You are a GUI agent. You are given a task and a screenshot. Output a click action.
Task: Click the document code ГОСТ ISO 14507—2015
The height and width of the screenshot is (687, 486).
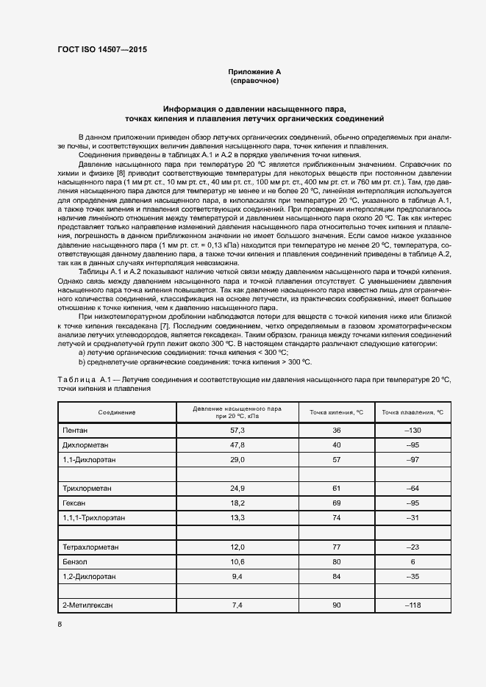[102, 49]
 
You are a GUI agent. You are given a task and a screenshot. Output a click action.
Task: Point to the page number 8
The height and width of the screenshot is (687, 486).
[60, 624]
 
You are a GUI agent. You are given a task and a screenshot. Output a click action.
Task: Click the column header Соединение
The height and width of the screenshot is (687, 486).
[117, 412]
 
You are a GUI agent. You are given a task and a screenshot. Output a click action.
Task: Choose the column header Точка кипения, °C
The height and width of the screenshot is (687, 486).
[337, 412]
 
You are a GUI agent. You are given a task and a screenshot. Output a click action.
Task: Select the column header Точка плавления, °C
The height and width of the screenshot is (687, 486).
[411, 412]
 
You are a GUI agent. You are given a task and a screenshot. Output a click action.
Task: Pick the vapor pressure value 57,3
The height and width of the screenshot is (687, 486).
[237, 429]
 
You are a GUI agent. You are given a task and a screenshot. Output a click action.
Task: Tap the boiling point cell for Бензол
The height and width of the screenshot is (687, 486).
[337, 562]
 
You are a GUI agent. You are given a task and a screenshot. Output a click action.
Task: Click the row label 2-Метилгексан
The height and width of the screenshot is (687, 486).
[90, 605]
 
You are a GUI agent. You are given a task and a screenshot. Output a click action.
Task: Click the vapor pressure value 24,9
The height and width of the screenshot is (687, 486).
[237, 488]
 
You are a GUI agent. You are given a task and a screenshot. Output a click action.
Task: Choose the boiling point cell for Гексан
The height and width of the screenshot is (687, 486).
[337, 503]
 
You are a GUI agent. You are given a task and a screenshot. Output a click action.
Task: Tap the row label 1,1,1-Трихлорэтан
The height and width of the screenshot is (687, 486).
[93, 517]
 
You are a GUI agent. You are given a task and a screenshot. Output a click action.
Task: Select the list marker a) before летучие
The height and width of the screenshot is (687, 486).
[82, 353]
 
